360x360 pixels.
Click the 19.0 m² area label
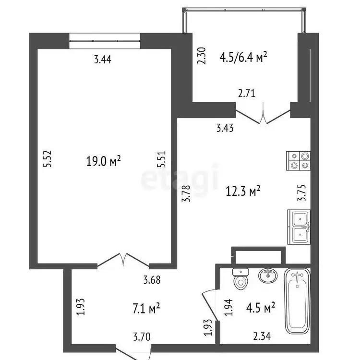click(103, 161)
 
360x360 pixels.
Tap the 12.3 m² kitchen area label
click(243, 191)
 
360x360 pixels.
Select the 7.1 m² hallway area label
click(146, 308)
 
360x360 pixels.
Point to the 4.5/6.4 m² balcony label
click(243, 57)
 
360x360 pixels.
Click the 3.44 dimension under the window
click(103, 60)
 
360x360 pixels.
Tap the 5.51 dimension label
click(161, 159)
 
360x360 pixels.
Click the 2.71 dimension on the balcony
click(247, 94)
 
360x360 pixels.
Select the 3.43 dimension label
click(225, 128)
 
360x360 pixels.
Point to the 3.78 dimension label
click(186, 193)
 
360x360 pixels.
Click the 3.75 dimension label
click(302, 193)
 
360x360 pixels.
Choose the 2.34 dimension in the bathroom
click(262, 336)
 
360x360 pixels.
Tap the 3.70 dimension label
click(142, 337)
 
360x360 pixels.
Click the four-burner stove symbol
click(298, 161)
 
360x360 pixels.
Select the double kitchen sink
click(299, 227)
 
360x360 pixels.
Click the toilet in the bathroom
click(240, 279)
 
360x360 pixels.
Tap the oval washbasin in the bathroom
click(268, 276)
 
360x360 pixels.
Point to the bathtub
click(297, 301)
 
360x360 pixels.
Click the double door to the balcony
click(263, 114)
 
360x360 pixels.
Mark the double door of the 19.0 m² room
click(123, 261)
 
